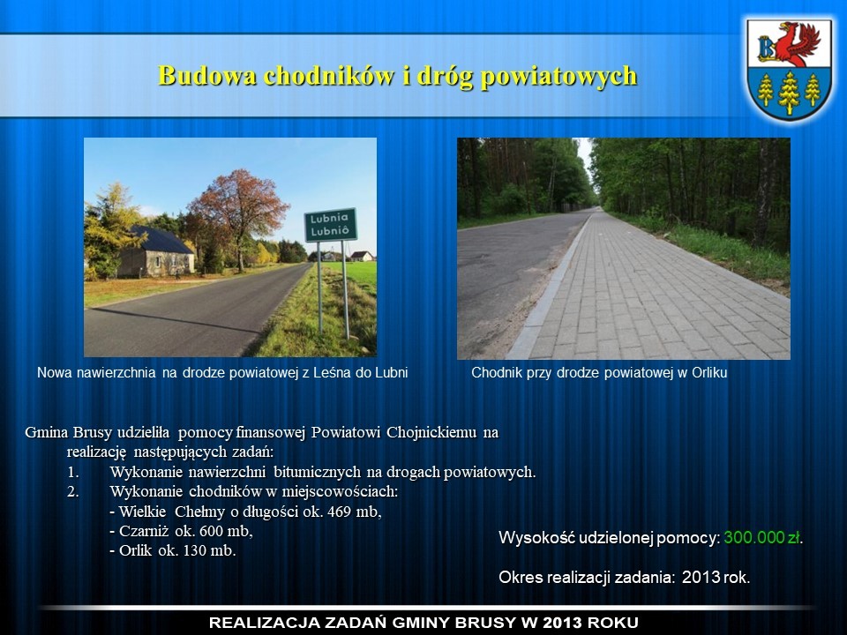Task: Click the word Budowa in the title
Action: [207, 76]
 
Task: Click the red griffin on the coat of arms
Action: [799, 42]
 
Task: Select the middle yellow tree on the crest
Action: [789, 92]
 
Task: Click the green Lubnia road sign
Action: [331, 225]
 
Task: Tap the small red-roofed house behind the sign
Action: [362, 256]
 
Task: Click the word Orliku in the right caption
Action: [709, 372]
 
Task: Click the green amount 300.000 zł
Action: [762, 538]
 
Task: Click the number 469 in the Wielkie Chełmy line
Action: [339, 512]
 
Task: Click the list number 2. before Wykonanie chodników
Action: [73, 492]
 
